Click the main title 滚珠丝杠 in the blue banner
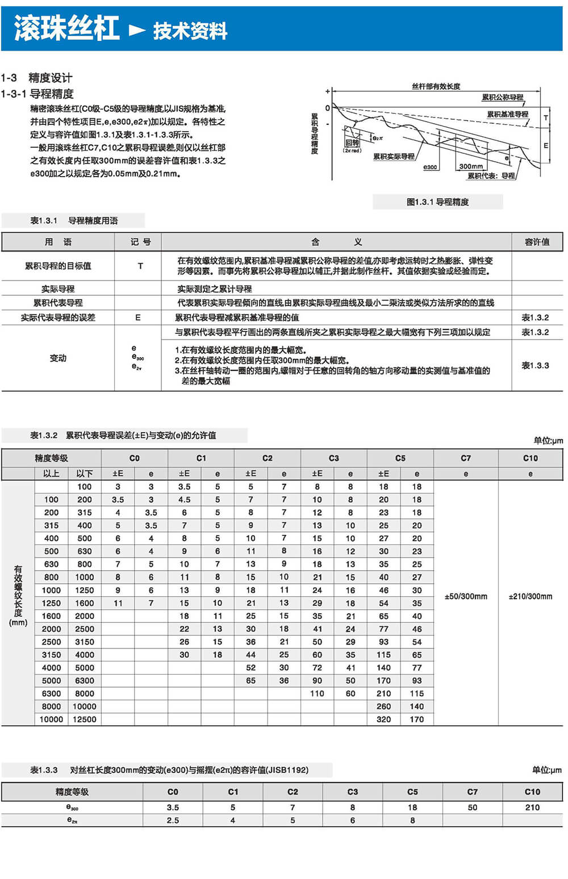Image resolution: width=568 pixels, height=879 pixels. (67, 28)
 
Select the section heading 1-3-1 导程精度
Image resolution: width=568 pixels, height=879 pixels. (37, 94)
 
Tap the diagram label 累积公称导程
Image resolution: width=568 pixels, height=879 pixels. (502, 97)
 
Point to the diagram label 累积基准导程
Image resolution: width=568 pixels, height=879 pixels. (507, 114)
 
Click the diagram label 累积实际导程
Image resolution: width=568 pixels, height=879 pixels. (394, 156)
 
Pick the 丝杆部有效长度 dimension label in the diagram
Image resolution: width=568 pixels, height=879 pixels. (436, 86)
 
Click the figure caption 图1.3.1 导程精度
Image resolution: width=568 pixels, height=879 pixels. (437, 202)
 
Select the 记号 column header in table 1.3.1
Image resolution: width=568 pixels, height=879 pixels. (140, 242)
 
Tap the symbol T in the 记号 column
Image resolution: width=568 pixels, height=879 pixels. (140, 266)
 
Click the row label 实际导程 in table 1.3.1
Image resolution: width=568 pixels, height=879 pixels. (58, 288)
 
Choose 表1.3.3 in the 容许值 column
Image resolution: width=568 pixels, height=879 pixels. (535, 365)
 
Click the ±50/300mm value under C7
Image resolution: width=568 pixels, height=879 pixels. (466, 596)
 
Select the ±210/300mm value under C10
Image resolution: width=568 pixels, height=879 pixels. (530, 596)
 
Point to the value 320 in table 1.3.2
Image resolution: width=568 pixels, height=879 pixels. (383, 719)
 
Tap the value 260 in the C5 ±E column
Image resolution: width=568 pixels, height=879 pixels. (383, 706)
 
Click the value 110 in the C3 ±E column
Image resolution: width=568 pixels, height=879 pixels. (317, 693)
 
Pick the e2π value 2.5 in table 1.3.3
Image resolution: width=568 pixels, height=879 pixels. (173, 820)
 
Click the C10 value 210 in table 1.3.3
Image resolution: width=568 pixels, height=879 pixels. (532, 807)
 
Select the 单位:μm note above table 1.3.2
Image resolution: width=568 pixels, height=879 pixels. (548, 440)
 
